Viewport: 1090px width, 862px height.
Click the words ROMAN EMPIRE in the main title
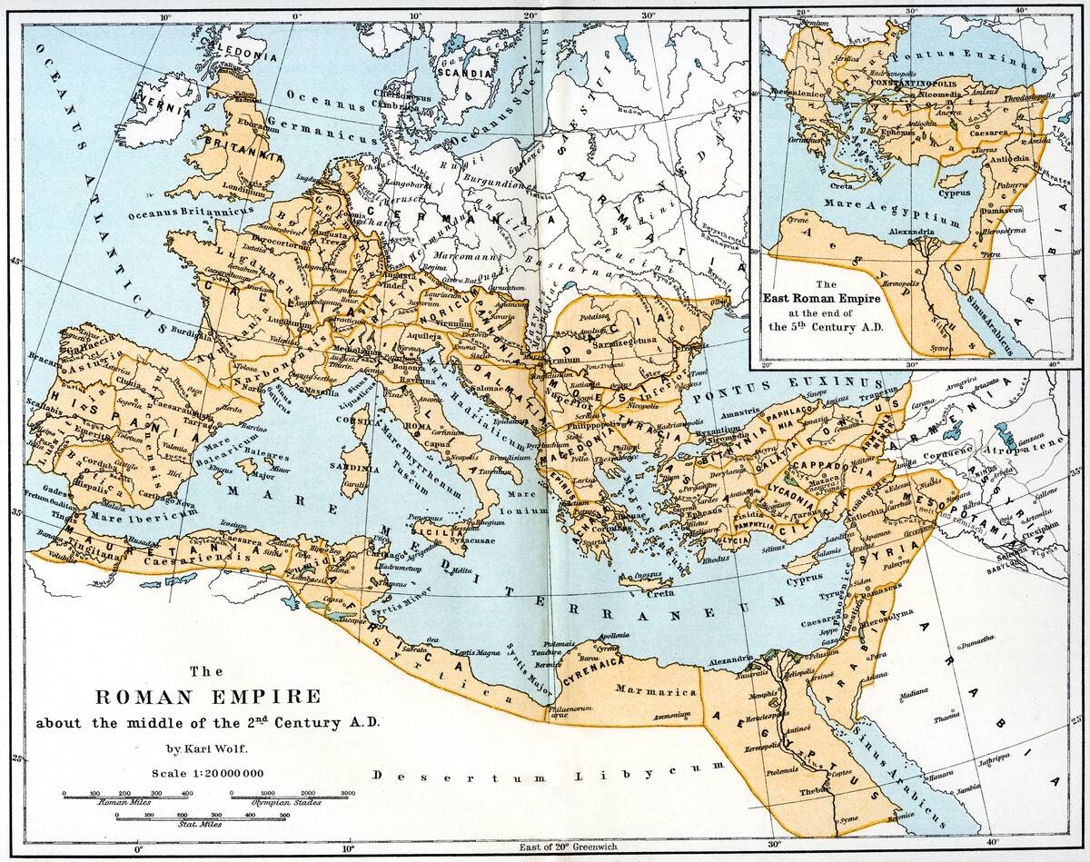pyautogui.click(x=208, y=698)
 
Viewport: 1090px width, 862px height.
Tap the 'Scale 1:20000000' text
pyautogui.click(x=208, y=773)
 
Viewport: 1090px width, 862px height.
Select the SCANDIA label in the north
pyautogui.click(x=462, y=71)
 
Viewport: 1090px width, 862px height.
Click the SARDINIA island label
pyautogui.click(x=360, y=469)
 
